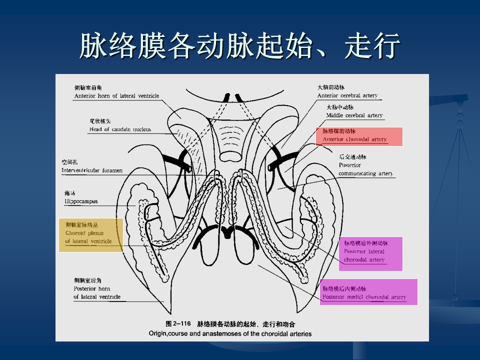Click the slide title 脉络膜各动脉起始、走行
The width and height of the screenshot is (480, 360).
click(240, 46)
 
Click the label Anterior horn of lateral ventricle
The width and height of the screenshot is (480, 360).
click(116, 95)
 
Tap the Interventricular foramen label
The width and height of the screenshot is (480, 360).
click(92, 170)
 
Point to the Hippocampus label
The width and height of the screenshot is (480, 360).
click(81, 201)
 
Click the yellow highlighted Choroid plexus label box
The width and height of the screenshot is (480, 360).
click(90, 234)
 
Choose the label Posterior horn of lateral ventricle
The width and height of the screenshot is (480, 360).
click(97, 292)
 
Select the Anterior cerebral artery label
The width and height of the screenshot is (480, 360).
click(347, 95)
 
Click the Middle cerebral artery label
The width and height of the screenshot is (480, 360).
click(354, 115)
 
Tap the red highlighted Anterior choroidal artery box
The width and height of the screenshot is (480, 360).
click(358, 136)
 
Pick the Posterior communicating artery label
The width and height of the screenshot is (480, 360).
click(365, 169)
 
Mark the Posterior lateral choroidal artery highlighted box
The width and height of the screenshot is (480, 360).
click(370, 253)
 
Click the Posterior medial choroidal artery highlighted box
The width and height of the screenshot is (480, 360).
click(368, 292)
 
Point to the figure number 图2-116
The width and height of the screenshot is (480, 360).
click(178, 323)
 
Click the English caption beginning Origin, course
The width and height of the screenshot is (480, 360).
click(229, 333)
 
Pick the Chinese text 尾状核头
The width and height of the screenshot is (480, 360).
click(100, 121)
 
